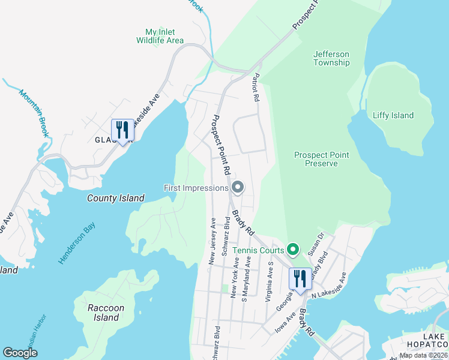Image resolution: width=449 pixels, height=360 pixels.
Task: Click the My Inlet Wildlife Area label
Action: coord(160,36)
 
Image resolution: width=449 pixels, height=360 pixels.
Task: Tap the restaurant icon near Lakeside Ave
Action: coord(122,130)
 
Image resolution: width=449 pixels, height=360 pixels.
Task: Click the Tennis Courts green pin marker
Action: coord(293,248)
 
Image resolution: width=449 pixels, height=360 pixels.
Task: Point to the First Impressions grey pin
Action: coord(237,188)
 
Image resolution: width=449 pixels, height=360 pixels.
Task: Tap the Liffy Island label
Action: coord(393,115)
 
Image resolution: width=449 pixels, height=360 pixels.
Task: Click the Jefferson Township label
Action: coord(331,58)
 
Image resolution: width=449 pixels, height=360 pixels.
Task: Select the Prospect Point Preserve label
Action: coord(321,159)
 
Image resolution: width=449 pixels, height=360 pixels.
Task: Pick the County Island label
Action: coord(116,198)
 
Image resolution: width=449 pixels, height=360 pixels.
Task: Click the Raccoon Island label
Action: coord(106,313)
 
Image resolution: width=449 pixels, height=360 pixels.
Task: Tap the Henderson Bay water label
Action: coord(77,243)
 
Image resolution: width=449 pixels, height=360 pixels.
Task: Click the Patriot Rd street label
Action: coord(256,87)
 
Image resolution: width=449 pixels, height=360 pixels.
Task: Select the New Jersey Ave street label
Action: coord(212,241)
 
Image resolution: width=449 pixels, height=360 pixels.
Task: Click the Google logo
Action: coord(20,353)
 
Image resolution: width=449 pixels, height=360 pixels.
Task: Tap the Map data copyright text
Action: coord(423,355)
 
